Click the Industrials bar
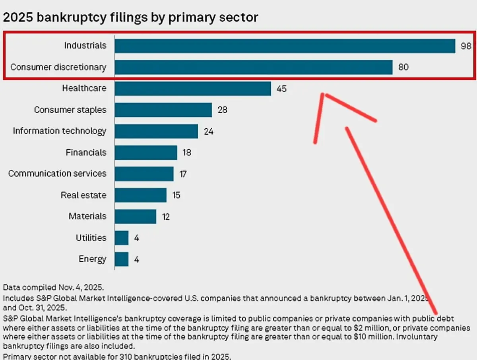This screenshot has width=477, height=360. (x=285, y=46)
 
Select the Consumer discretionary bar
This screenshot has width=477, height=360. (x=254, y=67)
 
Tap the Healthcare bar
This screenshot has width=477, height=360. (x=193, y=88)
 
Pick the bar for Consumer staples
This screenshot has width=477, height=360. (x=163, y=110)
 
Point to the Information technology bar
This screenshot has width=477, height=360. (x=156, y=131)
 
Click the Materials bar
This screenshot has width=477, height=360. (x=135, y=217)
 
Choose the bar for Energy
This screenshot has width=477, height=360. (x=122, y=259)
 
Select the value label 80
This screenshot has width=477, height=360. (x=403, y=67)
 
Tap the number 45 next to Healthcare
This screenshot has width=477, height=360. (x=281, y=89)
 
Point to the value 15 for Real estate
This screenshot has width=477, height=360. (x=176, y=195)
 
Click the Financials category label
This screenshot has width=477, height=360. (x=86, y=153)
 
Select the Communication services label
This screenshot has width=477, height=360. (x=57, y=174)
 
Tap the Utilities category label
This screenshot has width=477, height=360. (x=91, y=238)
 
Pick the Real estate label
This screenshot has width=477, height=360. (x=83, y=195)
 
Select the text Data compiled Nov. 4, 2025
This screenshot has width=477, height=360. (x=53, y=287)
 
